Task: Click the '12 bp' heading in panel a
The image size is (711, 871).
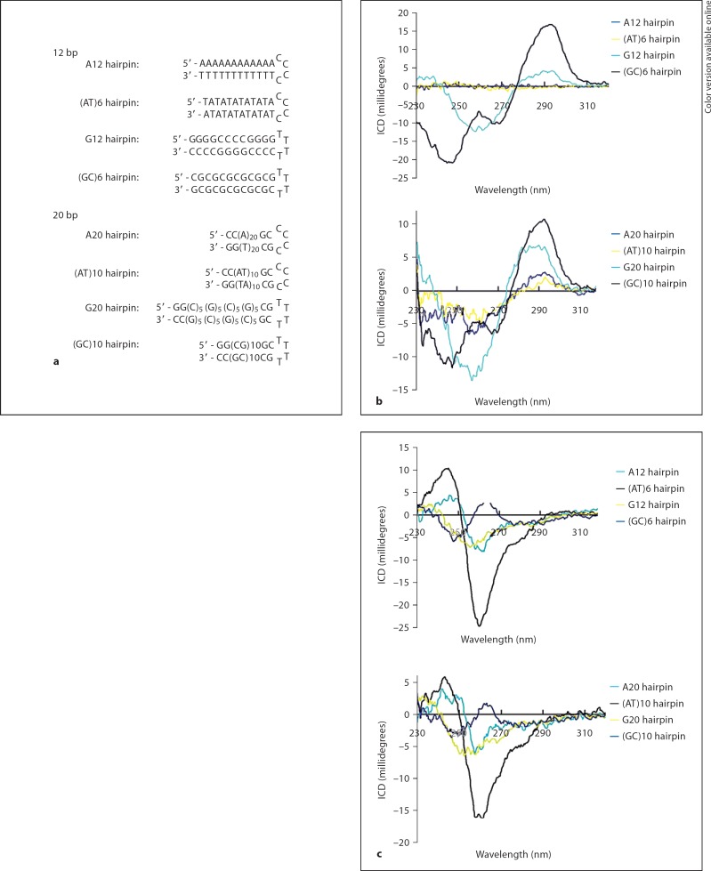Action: pos(65,52)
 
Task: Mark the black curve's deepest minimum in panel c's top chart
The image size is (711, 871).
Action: pos(480,625)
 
